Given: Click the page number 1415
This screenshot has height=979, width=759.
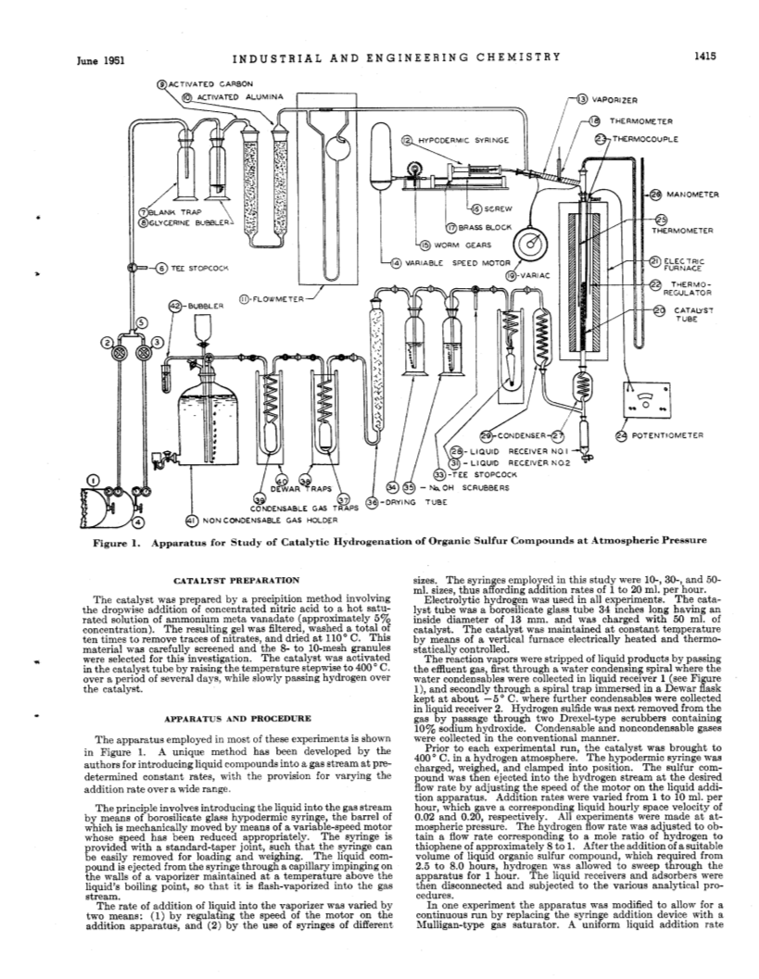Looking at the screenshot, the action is (703, 56).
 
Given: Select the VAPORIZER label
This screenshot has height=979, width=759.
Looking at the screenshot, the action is (614, 99).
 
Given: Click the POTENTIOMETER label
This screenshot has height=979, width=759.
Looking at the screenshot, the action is (668, 435).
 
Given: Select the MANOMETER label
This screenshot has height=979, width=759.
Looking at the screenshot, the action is (693, 195).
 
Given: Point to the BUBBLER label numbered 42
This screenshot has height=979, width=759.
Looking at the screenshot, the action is (206, 306).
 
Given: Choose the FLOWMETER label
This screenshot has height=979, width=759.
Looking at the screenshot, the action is (278, 300).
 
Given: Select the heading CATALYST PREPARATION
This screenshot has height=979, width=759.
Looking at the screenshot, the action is (236, 580).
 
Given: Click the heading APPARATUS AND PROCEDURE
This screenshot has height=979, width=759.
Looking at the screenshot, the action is (236, 719).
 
